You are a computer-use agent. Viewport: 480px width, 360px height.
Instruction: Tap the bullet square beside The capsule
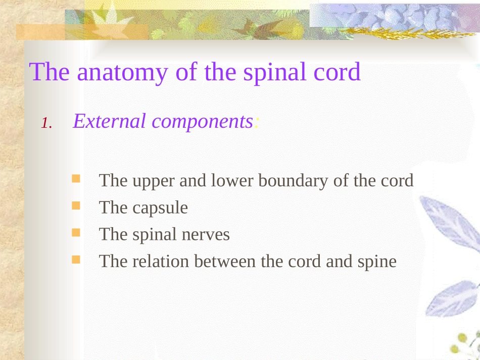76,205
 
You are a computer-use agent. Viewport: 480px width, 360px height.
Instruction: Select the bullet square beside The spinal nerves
76,233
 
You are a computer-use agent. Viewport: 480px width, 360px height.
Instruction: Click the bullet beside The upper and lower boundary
76,178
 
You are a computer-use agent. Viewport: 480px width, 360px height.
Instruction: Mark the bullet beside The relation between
76,260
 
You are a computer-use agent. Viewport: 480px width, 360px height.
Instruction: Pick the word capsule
160,208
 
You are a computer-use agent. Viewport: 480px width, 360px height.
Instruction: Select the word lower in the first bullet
232,181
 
